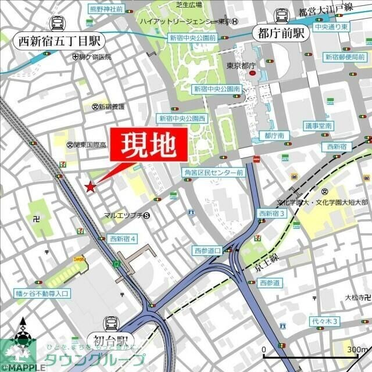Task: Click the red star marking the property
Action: click(90, 187)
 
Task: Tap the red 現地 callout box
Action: click(148, 145)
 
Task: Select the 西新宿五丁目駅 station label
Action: click(59, 41)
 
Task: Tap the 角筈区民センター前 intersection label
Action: click(213, 173)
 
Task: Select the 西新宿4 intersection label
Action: click(123, 238)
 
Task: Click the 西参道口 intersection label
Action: click(208, 250)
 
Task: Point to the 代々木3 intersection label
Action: click(324, 321)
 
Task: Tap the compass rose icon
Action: click(23, 335)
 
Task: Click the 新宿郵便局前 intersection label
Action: click(344, 56)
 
